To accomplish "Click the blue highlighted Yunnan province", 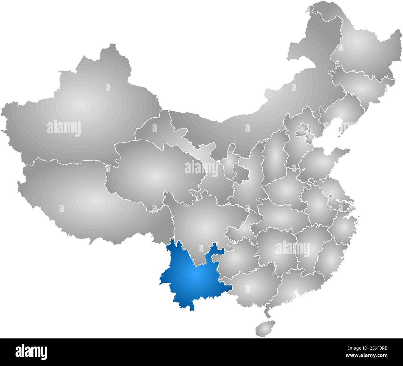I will pos(194,276).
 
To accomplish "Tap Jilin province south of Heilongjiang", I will pos(363,87).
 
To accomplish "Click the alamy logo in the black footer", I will pos(31,352).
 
